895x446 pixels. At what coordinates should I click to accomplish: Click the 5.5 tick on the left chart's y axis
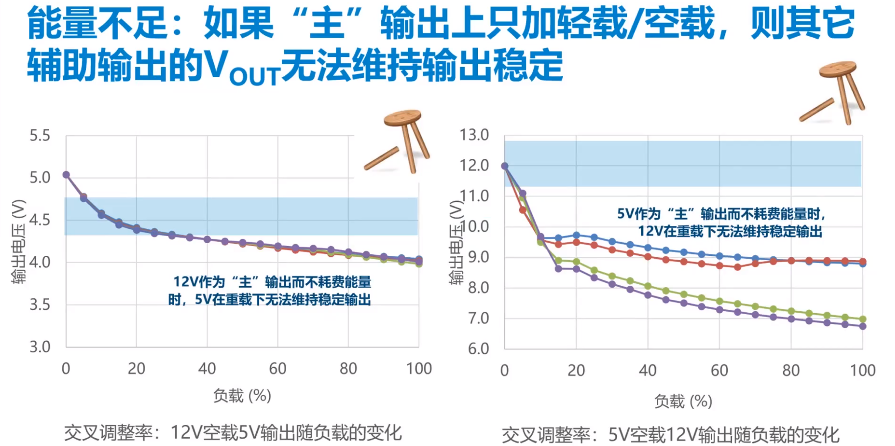click(40, 135)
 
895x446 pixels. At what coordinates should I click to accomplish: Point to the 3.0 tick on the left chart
click(40, 347)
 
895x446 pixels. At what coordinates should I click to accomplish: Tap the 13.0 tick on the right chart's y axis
click(474, 135)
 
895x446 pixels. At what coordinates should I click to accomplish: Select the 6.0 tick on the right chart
click(478, 348)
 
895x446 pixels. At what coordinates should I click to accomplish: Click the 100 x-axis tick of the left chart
click(419, 369)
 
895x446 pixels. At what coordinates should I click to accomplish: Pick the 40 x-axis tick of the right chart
click(647, 370)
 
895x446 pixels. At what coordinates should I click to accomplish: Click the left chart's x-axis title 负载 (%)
click(242, 396)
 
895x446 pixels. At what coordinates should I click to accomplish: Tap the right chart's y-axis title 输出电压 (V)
click(456, 242)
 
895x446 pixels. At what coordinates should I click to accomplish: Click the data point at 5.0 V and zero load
click(66, 175)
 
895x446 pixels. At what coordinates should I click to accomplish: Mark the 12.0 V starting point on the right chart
click(505, 166)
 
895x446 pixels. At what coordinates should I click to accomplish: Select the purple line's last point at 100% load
click(863, 326)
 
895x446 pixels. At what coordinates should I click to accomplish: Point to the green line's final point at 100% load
click(863, 319)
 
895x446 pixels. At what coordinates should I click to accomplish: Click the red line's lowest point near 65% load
click(737, 267)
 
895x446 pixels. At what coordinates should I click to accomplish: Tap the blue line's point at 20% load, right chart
click(576, 235)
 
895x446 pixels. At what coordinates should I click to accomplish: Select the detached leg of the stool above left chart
click(382, 158)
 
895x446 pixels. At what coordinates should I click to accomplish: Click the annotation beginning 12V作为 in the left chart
click(270, 291)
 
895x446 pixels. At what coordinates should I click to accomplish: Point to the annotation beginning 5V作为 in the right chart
click(722, 223)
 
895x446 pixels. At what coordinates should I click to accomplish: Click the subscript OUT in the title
click(254, 77)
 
